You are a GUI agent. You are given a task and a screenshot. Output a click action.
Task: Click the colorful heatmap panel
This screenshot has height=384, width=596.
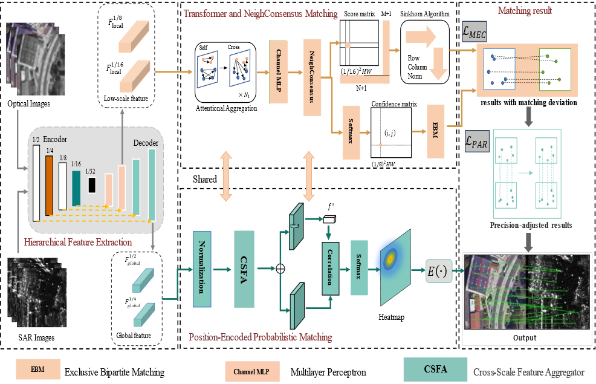click(x=395, y=267)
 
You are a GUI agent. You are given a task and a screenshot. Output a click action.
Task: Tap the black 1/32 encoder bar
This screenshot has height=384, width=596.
click(x=92, y=184)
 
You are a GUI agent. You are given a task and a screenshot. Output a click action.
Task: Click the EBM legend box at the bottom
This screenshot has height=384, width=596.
click(x=38, y=368)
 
